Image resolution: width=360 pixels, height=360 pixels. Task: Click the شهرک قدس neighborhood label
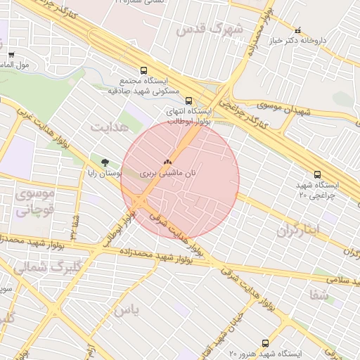tap(209, 30)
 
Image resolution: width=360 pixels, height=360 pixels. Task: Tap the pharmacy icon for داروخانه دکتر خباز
tap(300, 31)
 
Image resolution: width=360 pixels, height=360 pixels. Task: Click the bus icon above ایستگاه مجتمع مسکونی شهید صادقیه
tap(143, 71)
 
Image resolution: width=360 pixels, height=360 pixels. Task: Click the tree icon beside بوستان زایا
tap(105, 162)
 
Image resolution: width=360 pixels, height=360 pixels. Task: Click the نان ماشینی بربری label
tap(167, 172)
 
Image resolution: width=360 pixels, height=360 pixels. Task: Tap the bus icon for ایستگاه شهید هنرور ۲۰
tap(264, 343)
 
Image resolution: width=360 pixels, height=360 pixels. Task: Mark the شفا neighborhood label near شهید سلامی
tap(319, 295)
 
